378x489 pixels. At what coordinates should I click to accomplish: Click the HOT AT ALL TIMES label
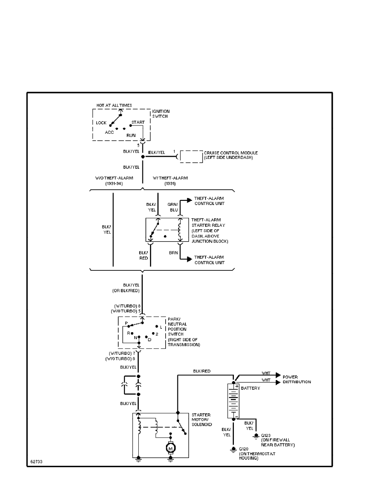click(114, 105)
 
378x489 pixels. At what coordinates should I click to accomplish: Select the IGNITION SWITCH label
click(161, 114)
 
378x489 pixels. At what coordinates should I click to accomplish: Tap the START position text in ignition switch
click(138, 122)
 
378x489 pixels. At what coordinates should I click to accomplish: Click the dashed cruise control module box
click(191, 156)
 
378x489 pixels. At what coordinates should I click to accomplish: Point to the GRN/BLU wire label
click(173, 207)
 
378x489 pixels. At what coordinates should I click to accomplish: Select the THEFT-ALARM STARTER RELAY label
click(210, 231)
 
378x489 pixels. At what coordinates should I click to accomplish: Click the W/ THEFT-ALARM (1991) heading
click(170, 181)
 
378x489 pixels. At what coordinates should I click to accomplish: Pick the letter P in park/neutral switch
click(126, 324)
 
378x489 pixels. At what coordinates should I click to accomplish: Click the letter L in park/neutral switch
click(161, 327)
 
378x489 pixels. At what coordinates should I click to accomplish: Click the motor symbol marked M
click(170, 447)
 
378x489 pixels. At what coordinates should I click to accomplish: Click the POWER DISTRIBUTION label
click(296, 380)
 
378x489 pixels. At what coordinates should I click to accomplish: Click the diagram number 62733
click(36, 462)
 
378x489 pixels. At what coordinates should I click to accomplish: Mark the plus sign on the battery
click(238, 386)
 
